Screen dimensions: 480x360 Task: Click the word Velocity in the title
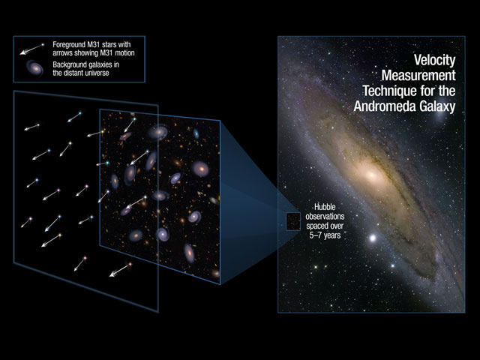tap(434, 60)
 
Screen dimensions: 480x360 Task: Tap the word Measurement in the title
tap(418, 75)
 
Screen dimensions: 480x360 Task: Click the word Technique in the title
tap(388, 91)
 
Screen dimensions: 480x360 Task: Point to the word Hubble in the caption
tap(325, 207)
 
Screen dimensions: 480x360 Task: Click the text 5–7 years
tap(325, 235)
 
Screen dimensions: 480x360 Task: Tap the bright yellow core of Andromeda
tap(371, 175)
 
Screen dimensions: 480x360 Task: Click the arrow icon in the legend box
tap(31, 49)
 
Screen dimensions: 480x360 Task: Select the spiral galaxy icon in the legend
tap(34, 68)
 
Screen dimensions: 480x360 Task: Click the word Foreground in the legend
tap(68, 45)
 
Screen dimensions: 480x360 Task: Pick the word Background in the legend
tap(68, 64)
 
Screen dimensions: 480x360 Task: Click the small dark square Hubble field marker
tap(293, 221)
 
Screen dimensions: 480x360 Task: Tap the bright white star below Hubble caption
tap(373, 238)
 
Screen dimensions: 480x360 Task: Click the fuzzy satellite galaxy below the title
tap(439, 116)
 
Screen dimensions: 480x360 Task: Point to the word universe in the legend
tap(97, 73)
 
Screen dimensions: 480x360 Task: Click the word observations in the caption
tap(325, 217)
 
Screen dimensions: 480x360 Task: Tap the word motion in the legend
tap(124, 53)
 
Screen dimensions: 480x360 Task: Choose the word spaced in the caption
tap(316, 226)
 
